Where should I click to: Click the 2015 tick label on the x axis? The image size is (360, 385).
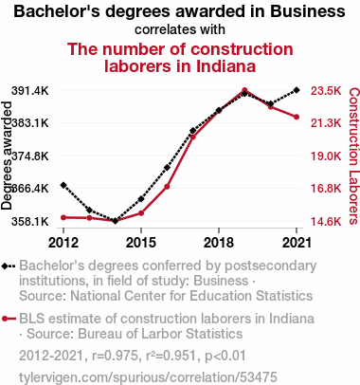[141, 243]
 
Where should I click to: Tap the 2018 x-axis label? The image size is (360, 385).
[219, 243]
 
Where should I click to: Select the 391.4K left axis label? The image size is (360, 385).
[30, 91]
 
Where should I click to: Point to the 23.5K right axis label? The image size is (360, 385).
[326, 91]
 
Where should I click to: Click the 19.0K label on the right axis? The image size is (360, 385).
[326, 156]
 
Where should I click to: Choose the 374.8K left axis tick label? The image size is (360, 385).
[30, 156]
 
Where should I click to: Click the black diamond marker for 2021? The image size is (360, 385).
[297, 90]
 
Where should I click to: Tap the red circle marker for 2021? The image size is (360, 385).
[297, 117]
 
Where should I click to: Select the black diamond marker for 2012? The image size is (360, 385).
[63, 185]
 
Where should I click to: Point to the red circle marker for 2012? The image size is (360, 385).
[63, 217]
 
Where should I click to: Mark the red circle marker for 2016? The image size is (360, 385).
[167, 187]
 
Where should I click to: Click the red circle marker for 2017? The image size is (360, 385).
[193, 137]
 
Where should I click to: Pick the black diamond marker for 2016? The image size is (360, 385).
[167, 168]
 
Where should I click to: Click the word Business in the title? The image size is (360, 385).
[308, 11]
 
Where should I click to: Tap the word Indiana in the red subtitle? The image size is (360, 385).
[225, 66]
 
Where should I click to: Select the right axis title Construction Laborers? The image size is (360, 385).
[353, 156]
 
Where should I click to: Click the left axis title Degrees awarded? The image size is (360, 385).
[7, 156]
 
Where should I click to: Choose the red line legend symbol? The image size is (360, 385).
[9, 319]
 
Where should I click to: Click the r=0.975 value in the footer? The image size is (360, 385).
[115, 356]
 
